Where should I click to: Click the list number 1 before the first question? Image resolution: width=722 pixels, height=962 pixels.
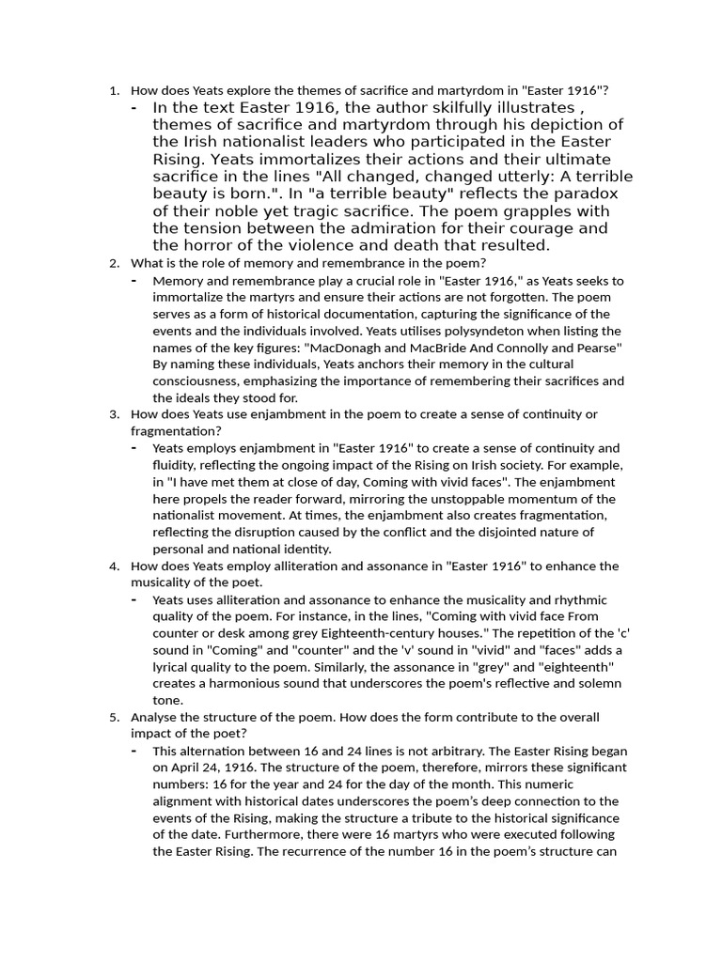(113, 91)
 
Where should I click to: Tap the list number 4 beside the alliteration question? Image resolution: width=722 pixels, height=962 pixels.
(113, 566)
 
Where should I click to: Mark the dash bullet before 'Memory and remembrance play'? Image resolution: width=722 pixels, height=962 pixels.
(134, 280)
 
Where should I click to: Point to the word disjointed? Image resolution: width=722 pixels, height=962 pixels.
(508, 533)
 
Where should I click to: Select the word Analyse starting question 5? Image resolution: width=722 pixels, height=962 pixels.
(153, 718)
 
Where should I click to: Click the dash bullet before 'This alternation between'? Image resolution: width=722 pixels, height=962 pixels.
(134, 752)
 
